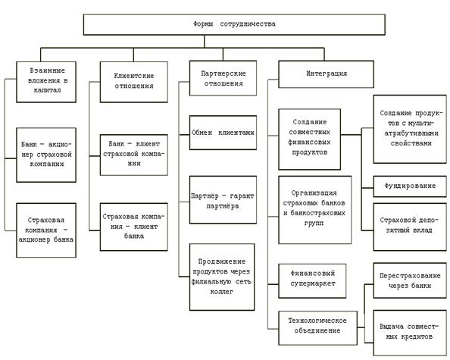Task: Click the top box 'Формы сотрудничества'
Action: pos(234,25)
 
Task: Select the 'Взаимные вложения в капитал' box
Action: pos(46,82)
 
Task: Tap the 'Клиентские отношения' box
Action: pos(134,82)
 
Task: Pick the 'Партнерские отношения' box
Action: pos(223,78)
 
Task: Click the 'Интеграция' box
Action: pos(327,74)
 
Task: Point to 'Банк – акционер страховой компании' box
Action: pos(46,155)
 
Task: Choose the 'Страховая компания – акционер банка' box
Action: pos(46,230)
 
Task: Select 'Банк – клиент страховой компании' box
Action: pos(134,155)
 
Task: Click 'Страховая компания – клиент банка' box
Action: pos(134,227)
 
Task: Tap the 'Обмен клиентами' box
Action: pos(223,133)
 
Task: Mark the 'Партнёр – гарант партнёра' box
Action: pos(223,200)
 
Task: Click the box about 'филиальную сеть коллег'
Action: pos(222,277)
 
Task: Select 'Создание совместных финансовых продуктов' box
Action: pos(310,139)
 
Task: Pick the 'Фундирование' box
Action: pos(410,186)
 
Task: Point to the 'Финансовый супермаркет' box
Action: pos(312,280)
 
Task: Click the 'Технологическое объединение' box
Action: pos(318,328)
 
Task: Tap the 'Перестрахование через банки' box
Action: pos(410,280)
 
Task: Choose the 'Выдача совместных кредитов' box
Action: pos(410,333)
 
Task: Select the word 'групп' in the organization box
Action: pos(314,224)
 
